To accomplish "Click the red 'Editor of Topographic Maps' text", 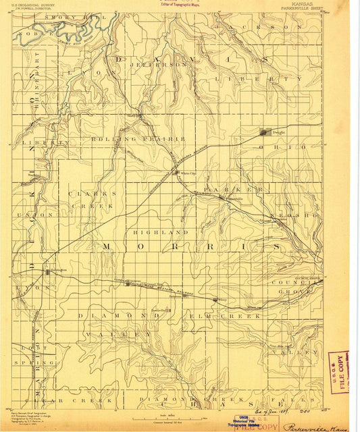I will (x=178, y=4).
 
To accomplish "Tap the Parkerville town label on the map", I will (x=233, y=198).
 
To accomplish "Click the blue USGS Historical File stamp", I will (x=240, y=422).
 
